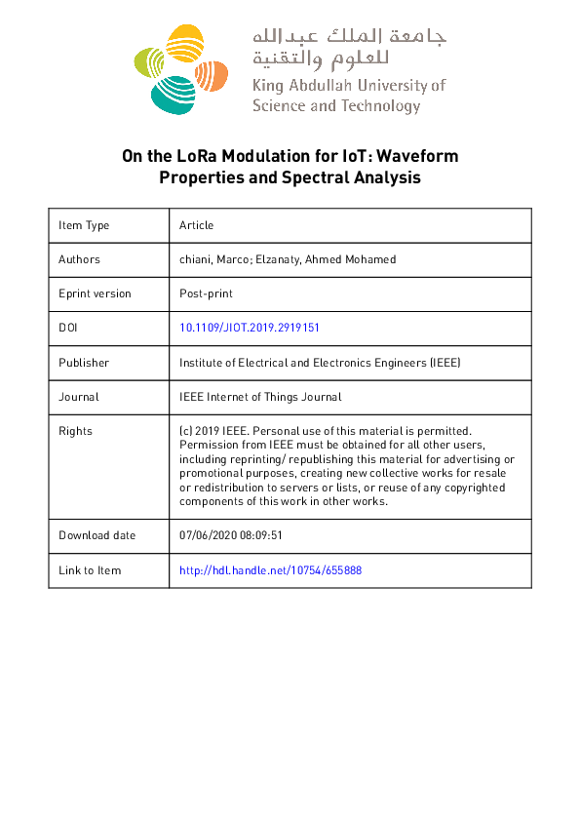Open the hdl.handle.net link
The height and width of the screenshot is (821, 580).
[x=271, y=570]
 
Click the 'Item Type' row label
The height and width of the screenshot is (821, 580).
[x=84, y=225]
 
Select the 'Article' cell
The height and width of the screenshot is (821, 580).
[x=196, y=225]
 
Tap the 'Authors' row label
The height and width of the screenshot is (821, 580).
[x=79, y=259]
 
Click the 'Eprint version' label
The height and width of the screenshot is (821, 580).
[x=95, y=293]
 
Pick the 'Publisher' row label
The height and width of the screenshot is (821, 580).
[x=84, y=363]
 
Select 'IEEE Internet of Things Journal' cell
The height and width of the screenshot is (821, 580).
[x=260, y=397]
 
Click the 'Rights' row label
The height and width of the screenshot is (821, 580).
[x=75, y=431]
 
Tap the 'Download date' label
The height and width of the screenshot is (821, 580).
[x=97, y=535]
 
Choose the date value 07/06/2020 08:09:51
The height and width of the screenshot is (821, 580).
[x=231, y=535]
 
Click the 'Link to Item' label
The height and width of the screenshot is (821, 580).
[x=90, y=570]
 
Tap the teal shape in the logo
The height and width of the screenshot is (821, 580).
[x=172, y=94]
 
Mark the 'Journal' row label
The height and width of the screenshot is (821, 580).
[x=78, y=397]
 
